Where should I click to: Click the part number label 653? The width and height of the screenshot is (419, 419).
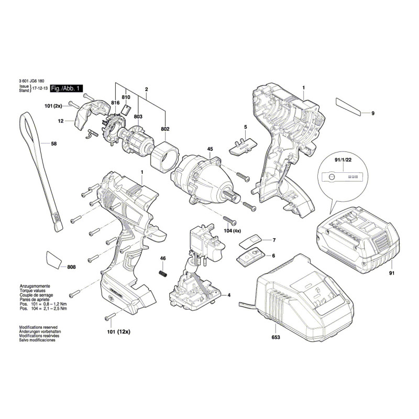point(275,338)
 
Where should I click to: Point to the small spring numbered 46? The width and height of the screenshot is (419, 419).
point(163,272)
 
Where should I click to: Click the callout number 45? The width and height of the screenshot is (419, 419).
point(210,149)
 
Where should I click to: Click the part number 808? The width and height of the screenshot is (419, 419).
point(72,268)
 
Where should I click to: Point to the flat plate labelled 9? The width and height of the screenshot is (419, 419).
point(348,106)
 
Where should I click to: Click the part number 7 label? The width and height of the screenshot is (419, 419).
point(273,240)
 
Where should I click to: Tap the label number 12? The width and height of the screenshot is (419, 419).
point(61,121)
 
